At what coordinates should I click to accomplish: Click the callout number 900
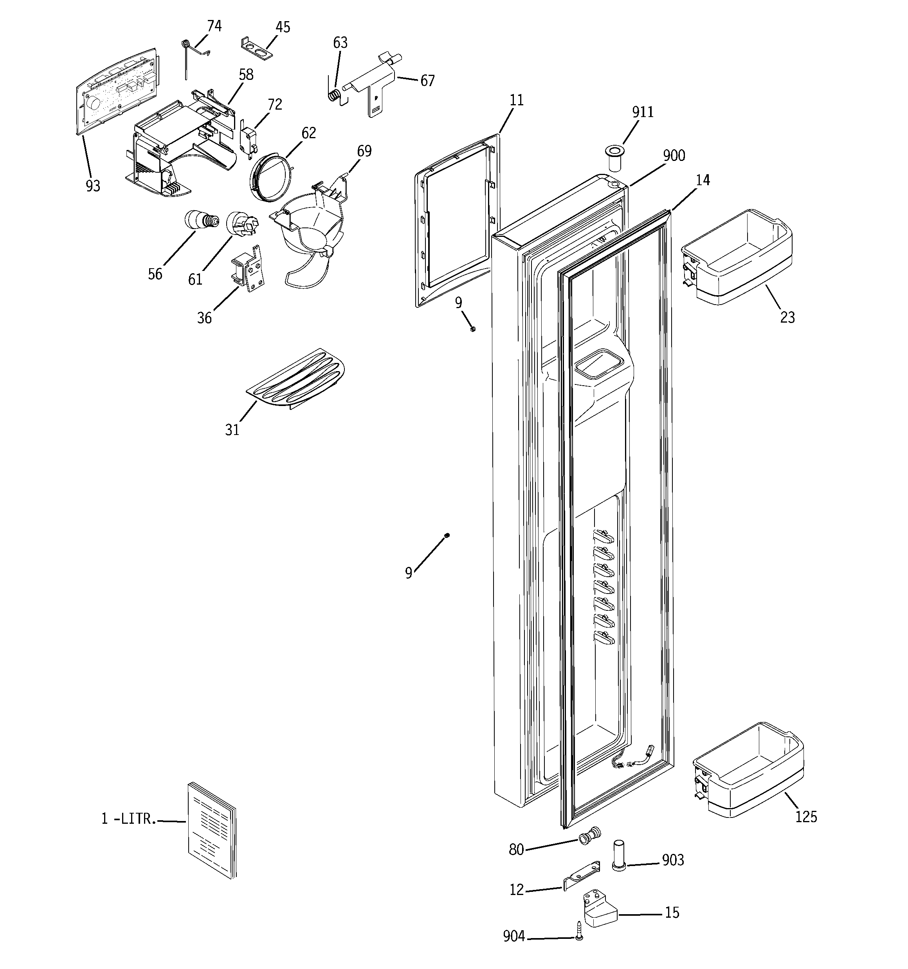coord(674,156)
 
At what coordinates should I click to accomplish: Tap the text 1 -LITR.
coord(129,819)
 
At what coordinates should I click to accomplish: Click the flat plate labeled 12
coord(582,877)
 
